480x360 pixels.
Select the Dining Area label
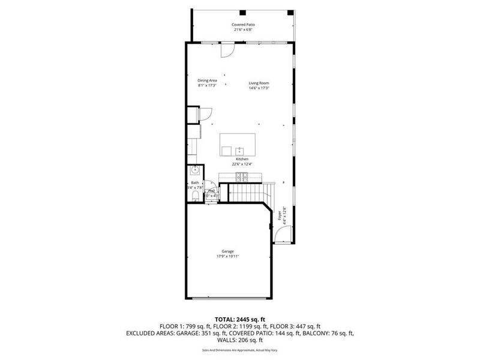(207, 80)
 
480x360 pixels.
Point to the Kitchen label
(242, 159)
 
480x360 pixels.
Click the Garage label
(228, 251)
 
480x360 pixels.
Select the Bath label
(195, 182)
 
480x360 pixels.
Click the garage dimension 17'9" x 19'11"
(228, 256)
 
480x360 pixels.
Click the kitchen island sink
(239, 149)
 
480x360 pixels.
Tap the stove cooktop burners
(242, 176)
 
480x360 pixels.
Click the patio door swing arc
(226, 52)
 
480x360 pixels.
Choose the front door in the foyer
(281, 235)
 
